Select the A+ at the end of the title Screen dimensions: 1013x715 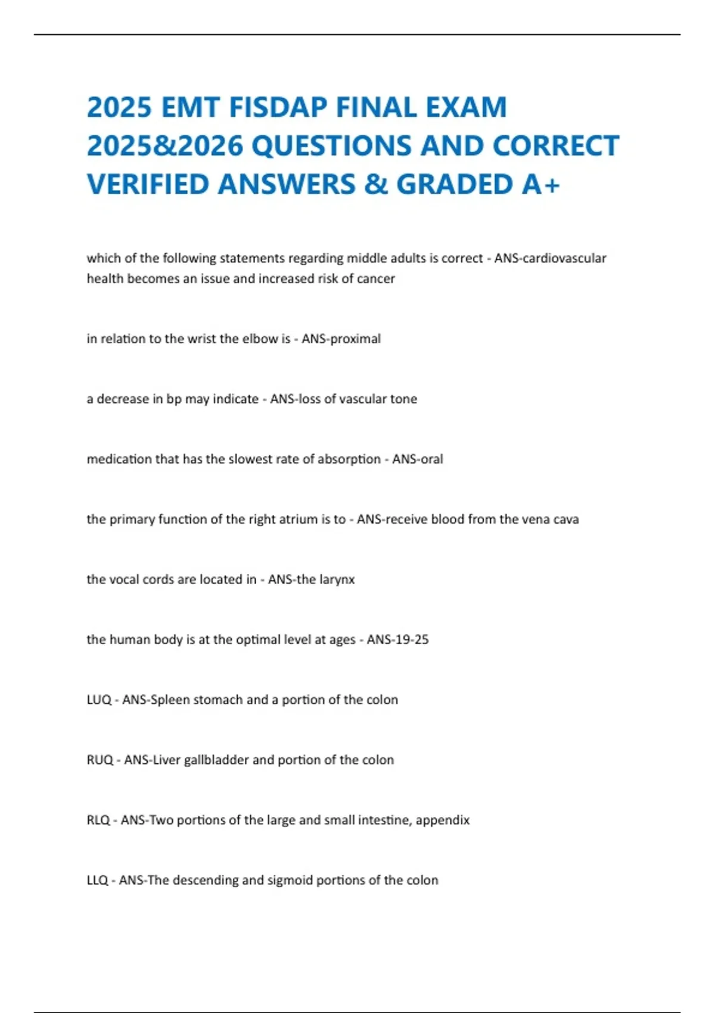pos(541,184)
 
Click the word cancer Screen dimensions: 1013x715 pos(375,279)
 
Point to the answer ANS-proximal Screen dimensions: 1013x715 pos(341,339)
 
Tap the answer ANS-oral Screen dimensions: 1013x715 pos(417,459)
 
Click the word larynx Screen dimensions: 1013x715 pos(337,580)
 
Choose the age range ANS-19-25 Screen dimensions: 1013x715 pos(397,640)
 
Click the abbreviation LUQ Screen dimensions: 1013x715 pos(99,700)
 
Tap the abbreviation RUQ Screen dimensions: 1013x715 pos(100,760)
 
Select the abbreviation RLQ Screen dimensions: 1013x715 pos(98,821)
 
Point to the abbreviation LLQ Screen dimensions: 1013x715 pos(97,881)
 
